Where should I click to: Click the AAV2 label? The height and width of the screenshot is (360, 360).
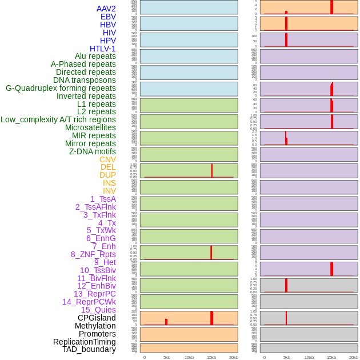point(106,9)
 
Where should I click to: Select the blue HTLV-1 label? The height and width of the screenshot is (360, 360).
point(103,49)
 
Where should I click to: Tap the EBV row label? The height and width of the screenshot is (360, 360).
point(108,17)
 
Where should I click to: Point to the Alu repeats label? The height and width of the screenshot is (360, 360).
point(95,56)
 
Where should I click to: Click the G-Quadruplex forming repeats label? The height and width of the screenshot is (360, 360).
point(61,88)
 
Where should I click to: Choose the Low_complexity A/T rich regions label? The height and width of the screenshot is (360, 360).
point(58,119)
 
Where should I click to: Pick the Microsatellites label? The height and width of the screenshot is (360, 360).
point(90,127)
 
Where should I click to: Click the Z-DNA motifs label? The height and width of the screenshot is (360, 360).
point(93,151)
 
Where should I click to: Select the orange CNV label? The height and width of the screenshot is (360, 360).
point(107,159)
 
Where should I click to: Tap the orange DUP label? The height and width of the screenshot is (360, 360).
point(107,175)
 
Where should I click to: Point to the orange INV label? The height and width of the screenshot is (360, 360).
point(109,191)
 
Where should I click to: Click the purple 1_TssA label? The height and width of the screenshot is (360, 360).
point(103,199)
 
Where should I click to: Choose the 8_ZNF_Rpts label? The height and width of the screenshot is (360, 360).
point(93,254)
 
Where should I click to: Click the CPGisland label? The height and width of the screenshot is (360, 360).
point(97,318)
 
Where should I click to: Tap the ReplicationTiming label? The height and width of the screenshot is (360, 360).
point(85,342)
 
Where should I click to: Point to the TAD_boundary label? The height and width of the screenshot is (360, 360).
point(89,349)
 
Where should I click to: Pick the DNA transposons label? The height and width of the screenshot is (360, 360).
point(85,80)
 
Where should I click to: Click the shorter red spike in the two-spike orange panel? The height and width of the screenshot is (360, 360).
point(166,322)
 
